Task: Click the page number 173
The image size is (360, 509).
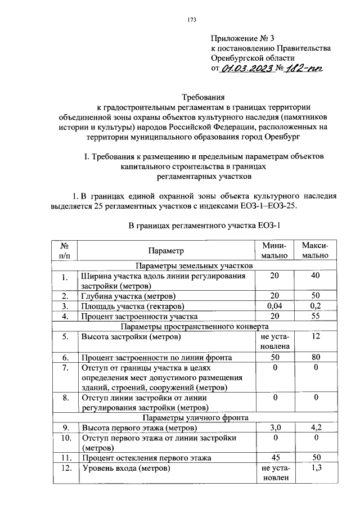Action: click(191, 20)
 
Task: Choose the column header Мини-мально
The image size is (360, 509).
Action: click(274, 250)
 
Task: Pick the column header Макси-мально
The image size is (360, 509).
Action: click(314, 250)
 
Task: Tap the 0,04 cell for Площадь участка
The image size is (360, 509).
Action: click(274, 306)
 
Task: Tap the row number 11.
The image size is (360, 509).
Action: click(65, 458)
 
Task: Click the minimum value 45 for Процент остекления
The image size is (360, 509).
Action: click(274, 458)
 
